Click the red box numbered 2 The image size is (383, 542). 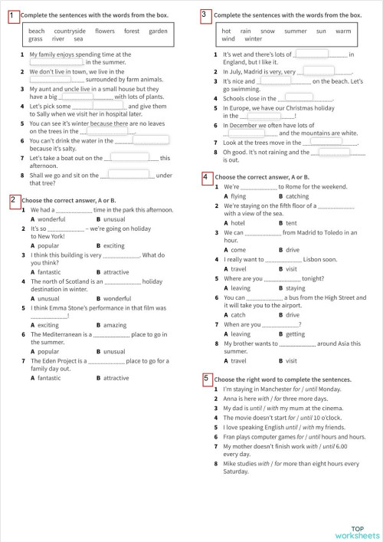pos(14,200)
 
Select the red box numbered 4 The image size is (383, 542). pos(205,177)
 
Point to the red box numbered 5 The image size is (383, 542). pos(205,379)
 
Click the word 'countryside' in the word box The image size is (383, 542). pos(70,31)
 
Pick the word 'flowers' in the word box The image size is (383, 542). pos(105,31)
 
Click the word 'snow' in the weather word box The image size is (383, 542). pos(267,31)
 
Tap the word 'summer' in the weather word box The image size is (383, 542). pos(295,31)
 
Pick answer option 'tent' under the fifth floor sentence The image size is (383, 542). pos(290,222)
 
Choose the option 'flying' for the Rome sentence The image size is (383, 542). pos(239,196)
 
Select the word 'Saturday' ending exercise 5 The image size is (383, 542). pos(236,471)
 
